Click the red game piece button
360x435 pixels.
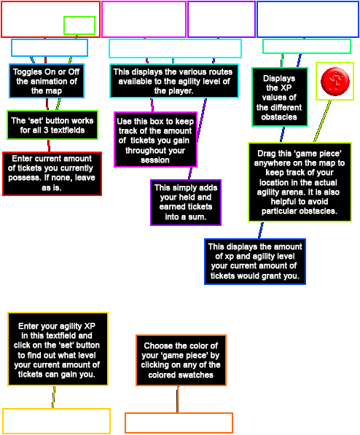(x=335, y=82)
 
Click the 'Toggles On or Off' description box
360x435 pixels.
(x=47, y=81)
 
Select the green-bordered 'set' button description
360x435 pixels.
(x=52, y=125)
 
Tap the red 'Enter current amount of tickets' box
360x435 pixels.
(x=52, y=173)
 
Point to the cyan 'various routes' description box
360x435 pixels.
(x=174, y=81)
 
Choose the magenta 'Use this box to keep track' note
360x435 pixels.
(x=155, y=140)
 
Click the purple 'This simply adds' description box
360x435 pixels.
(x=186, y=203)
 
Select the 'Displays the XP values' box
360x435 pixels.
(x=280, y=97)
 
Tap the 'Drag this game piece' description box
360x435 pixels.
(x=300, y=182)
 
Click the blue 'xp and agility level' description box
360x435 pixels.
(x=255, y=262)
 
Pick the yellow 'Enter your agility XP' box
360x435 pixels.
(x=58, y=349)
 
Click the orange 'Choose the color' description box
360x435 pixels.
(x=181, y=361)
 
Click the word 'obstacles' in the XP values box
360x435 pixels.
(x=279, y=117)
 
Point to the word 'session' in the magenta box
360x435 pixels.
(x=155, y=160)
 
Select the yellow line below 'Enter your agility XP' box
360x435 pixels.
(x=54, y=397)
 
